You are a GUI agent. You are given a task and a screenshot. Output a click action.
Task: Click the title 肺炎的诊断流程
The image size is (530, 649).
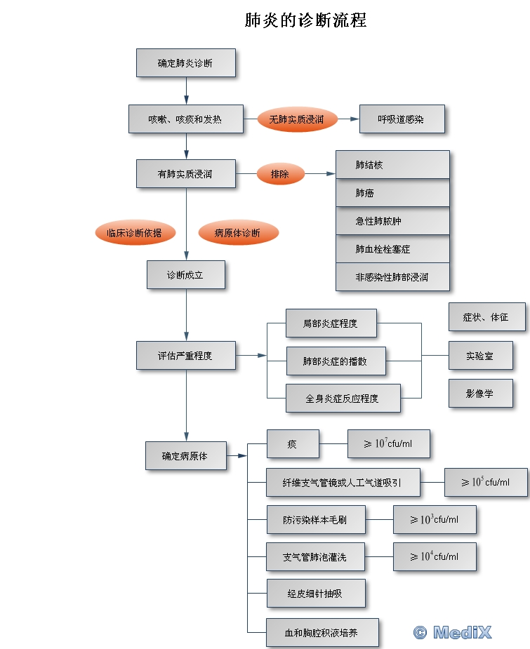[305, 20]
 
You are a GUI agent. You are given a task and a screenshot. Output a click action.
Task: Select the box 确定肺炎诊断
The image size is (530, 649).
[185, 63]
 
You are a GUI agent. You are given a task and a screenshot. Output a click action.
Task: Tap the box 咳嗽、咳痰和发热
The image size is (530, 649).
[185, 119]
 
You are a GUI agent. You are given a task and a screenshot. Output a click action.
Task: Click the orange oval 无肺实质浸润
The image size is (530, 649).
[297, 119]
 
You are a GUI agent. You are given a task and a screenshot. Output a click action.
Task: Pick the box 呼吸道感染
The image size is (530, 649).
[401, 119]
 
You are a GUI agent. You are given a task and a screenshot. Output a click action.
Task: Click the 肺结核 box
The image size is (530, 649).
[392, 165]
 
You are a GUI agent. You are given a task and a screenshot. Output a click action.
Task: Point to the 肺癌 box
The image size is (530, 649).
[392, 193]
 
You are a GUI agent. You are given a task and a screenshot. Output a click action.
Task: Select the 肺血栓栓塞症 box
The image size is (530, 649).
[392, 249]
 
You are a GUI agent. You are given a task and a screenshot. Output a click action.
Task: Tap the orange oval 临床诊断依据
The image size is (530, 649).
[134, 233]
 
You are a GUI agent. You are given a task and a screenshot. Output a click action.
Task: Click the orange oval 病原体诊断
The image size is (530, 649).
[237, 233]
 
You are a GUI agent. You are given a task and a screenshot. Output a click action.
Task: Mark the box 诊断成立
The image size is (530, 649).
[185, 275]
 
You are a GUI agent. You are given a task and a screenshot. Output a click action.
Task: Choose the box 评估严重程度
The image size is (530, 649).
[185, 356]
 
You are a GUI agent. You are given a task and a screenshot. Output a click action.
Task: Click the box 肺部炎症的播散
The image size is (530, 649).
[335, 361]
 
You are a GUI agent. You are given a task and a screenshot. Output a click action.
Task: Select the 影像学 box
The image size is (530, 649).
[480, 394]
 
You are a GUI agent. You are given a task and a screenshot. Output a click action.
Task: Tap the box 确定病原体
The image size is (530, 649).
[185, 455]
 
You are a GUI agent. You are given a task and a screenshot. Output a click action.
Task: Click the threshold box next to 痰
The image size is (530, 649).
[388, 444]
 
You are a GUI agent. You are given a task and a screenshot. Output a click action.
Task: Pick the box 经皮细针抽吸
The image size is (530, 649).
[316, 594]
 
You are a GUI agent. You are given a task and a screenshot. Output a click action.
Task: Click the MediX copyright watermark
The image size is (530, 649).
[453, 632]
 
